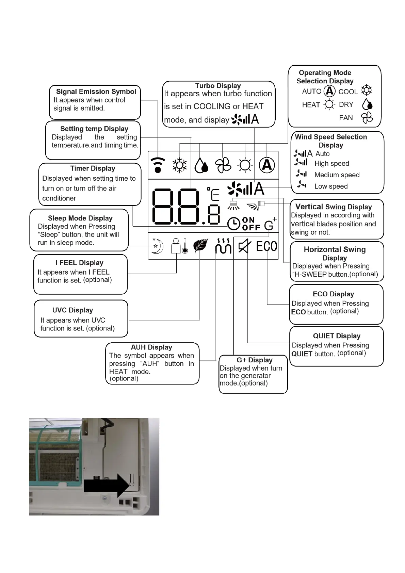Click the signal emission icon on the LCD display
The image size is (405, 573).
(x=158, y=165)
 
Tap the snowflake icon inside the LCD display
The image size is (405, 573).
(x=179, y=165)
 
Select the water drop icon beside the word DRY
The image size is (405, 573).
(x=367, y=104)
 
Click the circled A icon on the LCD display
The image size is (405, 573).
(x=267, y=165)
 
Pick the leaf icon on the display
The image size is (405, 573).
(x=200, y=246)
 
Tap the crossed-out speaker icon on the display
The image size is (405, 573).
(x=245, y=246)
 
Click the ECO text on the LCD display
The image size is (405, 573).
(x=266, y=246)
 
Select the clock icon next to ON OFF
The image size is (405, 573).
(x=234, y=223)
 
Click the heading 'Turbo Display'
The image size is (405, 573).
(x=218, y=86)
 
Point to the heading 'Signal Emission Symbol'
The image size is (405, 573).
(x=96, y=92)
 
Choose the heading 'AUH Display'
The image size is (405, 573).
(x=151, y=347)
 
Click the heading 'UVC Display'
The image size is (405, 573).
(x=72, y=310)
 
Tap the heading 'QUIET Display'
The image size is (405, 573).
(x=337, y=336)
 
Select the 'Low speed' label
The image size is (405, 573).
(x=331, y=186)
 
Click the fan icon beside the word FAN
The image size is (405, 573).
(x=367, y=118)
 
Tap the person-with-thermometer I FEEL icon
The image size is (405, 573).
(x=179, y=246)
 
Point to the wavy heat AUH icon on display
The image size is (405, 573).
(x=223, y=246)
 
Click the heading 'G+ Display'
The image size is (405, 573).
(x=255, y=360)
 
